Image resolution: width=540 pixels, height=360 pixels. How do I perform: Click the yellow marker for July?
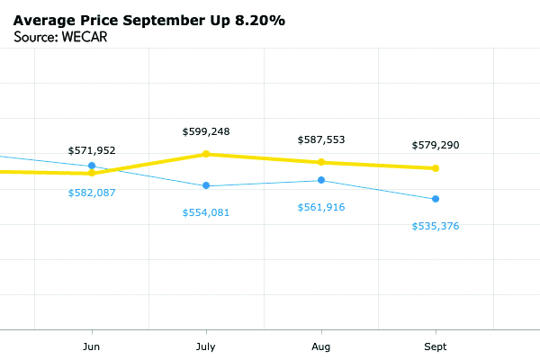pyautogui.click(x=206, y=154)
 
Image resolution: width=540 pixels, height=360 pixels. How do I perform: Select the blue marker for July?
pyautogui.click(x=206, y=185)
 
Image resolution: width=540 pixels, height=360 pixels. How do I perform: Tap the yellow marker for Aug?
pyautogui.click(x=321, y=162)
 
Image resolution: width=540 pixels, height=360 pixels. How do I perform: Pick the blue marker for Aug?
pyautogui.click(x=321, y=181)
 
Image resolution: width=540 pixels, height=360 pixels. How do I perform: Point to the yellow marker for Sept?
pyautogui.click(x=436, y=168)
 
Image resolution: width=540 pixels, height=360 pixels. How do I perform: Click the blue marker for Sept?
pyautogui.click(x=436, y=199)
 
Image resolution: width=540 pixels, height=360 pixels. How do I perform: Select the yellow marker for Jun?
pyautogui.click(x=92, y=173)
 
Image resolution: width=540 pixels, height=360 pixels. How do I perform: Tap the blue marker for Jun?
pyautogui.click(x=92, y=166)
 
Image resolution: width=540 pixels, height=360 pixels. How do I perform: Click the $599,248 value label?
pyautogui.click(x=206, y=131)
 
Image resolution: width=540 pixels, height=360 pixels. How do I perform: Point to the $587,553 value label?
pyautogui.click(x=321, y=139)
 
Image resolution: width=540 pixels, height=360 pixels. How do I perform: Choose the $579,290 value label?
pyautogui.click(x=436, y=145)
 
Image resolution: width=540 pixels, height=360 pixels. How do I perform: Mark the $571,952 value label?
pyautogui.click(x=92, y=150)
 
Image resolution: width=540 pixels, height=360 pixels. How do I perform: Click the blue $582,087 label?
pyautogui.click(x=92, y=193)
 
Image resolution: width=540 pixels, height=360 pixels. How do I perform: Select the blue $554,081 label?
pyautogui.click(x=206, y=211)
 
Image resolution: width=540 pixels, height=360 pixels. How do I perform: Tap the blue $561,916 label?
pyautogui.click(x=321, y=207)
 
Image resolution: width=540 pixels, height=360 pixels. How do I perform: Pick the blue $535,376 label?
pyautogui.click(x=436, y=226)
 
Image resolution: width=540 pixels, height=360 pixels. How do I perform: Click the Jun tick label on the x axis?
pyautogui.click(x=92, y=346)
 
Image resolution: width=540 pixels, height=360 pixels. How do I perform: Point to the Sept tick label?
pyautogui.click(x=436, y=346)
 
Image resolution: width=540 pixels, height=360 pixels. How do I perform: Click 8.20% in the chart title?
pyautogui.click(x=257, y=20)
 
